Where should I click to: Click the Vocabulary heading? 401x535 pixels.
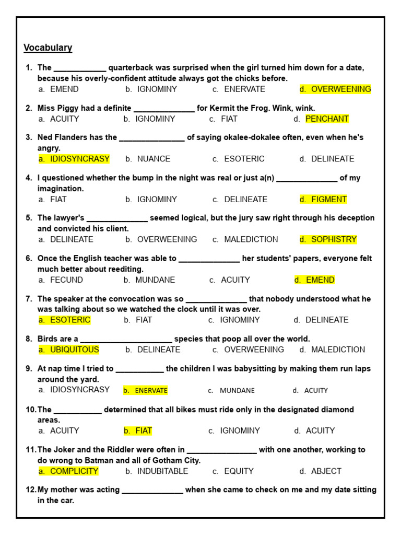(x=48, y=48)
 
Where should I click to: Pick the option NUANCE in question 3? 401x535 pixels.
(x=154, y=159)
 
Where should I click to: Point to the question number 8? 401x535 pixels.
(x=29, y=339)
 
